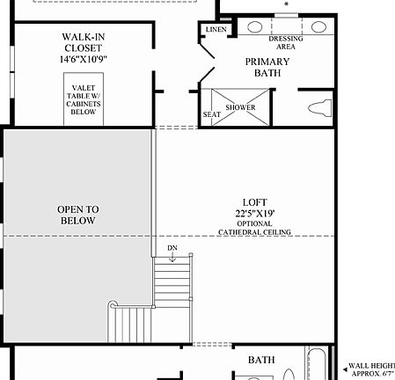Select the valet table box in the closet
tap(84, 99)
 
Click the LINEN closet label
tap(216, 29)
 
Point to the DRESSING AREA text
tap(286, 42)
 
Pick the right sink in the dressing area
tap(318, 26)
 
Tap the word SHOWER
tap(240, 107)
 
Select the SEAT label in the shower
tap(212, 114)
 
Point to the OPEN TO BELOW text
tap(77, 215)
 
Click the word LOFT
tap(254, 202)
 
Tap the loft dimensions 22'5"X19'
tap(254, 213)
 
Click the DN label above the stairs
tap(172, 248)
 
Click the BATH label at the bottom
tap(261, 360)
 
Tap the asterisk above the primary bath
tap(286, 4)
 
